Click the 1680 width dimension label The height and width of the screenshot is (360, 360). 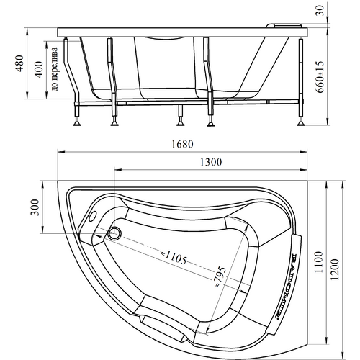click(x=183, y=144)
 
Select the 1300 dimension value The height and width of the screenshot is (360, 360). click(x=211, y=162)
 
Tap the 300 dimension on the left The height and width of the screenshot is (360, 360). click(x=35, y=207)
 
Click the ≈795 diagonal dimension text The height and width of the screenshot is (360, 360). click(x=220, y=277)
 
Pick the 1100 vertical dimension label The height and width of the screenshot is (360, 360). click(x=318, y=262)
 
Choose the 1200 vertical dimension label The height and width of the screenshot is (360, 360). click(x=335, y=269)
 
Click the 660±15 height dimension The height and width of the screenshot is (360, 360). click(x=320, y=77)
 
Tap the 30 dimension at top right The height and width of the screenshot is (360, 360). click(x=320, y=11)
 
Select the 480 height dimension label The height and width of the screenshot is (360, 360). click(x=19, y=63)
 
